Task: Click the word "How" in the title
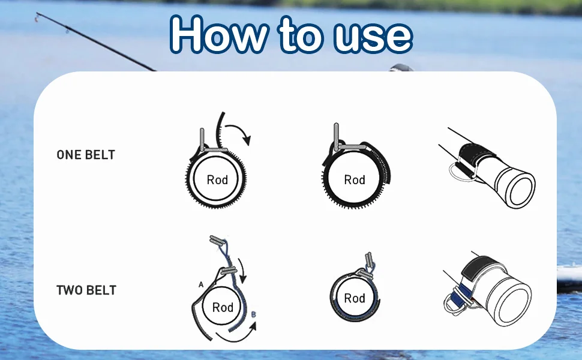[219, 35]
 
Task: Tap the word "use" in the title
[373, 37]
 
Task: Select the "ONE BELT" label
[86, 155]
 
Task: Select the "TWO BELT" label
[86, 290]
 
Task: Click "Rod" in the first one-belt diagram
[217, 180]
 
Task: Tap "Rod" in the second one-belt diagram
[355, 180]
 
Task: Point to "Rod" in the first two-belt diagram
[223, 307]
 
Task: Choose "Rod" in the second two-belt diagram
[355, 298]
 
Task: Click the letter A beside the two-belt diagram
[201, 284]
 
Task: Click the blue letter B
[254, 315]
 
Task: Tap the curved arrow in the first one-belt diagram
[239, 131]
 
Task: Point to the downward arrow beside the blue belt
[242, 272]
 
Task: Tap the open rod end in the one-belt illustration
[520, 191]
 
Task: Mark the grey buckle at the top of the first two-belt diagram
[217, 241]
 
